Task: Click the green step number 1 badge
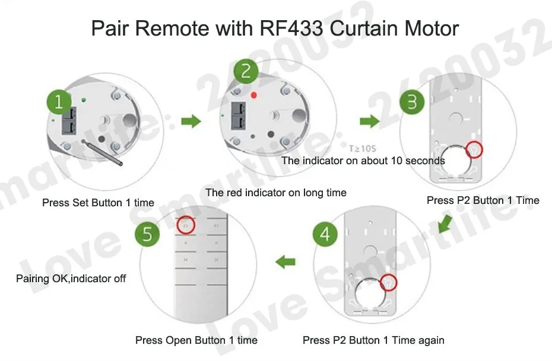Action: pos(59,103)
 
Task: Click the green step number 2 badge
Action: pos(246,72)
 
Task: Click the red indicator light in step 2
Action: pos(254,95)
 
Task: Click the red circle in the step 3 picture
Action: pos(475,149)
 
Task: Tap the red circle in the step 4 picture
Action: pos(389,282)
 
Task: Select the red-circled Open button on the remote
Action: pos(186,225)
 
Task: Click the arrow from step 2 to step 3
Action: pos(370,122)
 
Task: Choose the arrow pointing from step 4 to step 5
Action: pos(286,260)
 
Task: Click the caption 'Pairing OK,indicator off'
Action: pos(71,278)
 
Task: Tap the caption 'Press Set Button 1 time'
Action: pos(98,203)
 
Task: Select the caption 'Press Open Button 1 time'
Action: pos(196,340)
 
